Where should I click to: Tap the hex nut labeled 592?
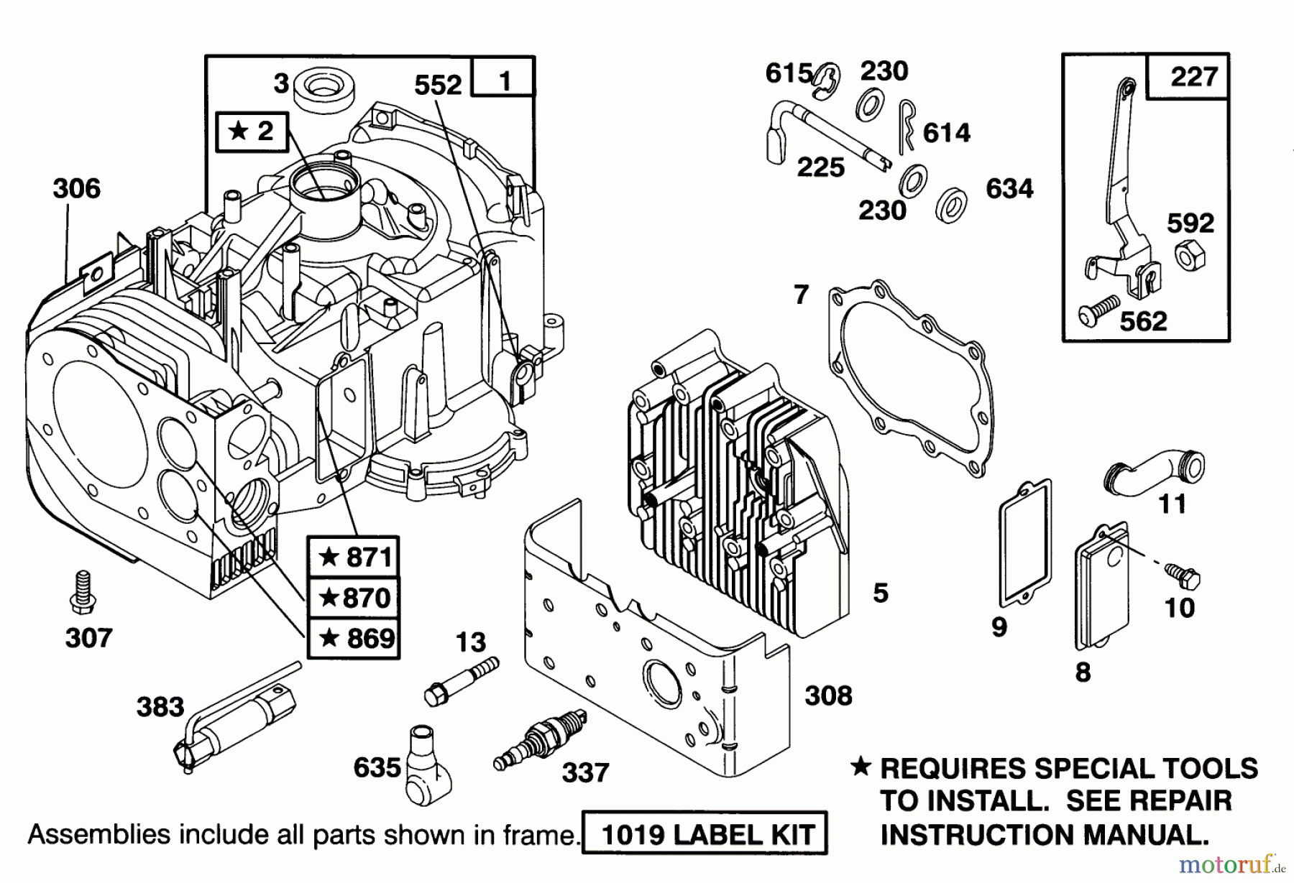click(x=1190, y=256)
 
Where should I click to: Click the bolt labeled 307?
click(x=83, y=593)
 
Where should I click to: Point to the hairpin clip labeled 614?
click(x=907, y=126)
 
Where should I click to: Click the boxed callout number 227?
click(x=1193, y=76)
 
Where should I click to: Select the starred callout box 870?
click(x=353, y=597)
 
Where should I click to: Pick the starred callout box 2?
click(x=252, y=131)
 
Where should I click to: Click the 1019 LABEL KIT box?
click(x=705, y=835)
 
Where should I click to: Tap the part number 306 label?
click(x=76, y=189)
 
